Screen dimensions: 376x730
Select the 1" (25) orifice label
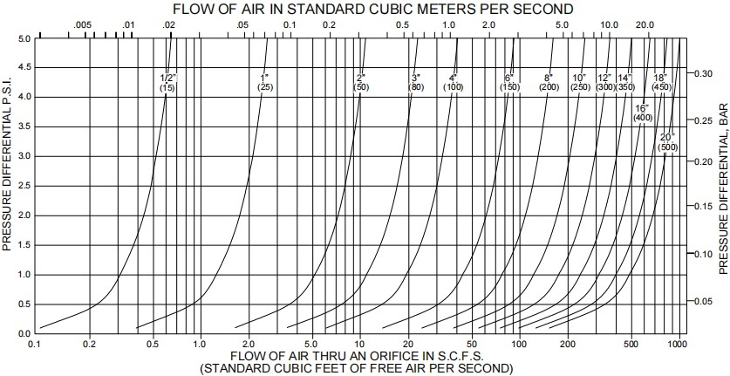pos(266,83)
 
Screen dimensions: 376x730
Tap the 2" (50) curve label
pos(361,83)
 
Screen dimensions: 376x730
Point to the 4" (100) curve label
pos(453,83)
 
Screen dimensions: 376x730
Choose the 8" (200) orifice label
pos(549,83)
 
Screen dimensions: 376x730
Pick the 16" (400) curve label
pos(643,113)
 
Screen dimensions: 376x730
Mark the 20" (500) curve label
pos(668,142)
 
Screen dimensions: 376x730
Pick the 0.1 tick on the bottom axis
pos(35,345)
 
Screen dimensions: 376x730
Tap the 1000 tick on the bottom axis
pos(677,345)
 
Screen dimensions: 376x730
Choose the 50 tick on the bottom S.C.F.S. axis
pos(472,345)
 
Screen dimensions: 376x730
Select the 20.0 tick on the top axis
pos(645,25)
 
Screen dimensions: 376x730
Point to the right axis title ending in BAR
pos(722,187)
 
